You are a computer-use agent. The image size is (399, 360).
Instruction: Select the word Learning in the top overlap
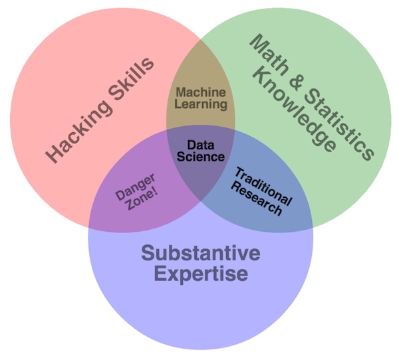(x=201, y=104)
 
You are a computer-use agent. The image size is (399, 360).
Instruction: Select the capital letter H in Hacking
(x=52, y=156)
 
